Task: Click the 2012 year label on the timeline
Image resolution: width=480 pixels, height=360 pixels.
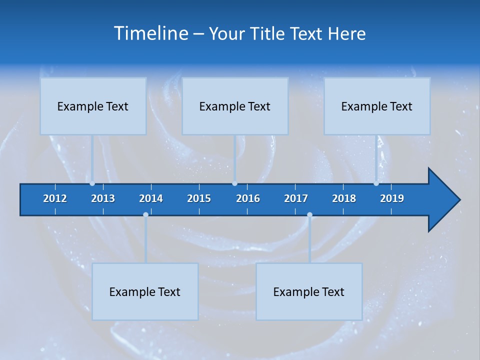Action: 55,198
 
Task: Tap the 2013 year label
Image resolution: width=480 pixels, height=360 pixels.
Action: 103,198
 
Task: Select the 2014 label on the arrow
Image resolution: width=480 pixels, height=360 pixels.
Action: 151,198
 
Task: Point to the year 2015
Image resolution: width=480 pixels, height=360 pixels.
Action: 199,198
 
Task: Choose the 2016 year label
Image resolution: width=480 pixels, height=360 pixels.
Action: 248,198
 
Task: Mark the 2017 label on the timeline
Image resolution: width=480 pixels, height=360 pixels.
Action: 296,198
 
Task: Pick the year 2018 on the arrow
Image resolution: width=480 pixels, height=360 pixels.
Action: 344,198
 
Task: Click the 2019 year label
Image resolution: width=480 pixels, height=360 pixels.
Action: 392,198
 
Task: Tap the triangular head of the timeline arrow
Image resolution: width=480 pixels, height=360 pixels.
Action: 442,200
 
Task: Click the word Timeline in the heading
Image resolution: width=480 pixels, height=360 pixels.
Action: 150,33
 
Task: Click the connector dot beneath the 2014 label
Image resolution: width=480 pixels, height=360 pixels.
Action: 145,215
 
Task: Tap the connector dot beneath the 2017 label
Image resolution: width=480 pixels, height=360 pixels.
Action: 309,215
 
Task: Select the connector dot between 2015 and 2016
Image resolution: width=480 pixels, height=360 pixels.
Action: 234,183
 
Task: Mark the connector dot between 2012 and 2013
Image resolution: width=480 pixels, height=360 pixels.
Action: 92,183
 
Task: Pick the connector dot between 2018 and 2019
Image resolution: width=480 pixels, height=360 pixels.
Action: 376,183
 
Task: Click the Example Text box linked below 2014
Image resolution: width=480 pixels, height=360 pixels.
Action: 145,291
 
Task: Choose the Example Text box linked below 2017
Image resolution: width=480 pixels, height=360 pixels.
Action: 309,291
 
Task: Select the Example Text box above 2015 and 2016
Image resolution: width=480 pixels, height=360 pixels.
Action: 235,106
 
